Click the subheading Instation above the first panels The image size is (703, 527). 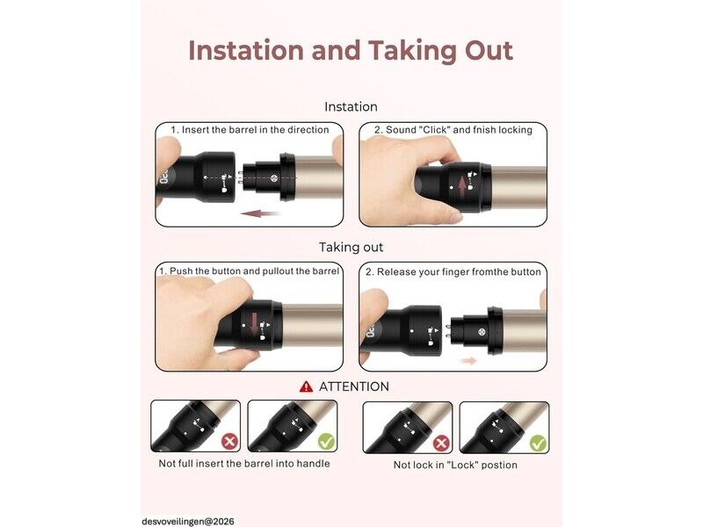[x=351, y=106]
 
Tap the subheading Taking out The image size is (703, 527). [x=351, y=248]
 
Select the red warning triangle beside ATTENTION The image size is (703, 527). [x=306, y=386]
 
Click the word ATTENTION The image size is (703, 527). [x=354, y=386]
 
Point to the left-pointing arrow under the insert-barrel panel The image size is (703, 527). [x=260, y=213]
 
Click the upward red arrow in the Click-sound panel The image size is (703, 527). [x=462, y=187]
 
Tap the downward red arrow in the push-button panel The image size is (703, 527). [x=254, y=323]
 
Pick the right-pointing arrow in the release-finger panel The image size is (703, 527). [x=469, y=360]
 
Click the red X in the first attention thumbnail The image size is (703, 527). [x=229, y=442]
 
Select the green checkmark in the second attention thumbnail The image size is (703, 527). [x=326, y=442]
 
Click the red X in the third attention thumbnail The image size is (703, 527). [x=442, y=444]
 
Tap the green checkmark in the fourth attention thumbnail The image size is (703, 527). [x=538, y=444]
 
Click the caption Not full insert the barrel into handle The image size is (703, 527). [x=244, y=464]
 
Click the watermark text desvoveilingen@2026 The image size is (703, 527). [x=188, y=522]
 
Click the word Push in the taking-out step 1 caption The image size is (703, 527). [x=182, y=271]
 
